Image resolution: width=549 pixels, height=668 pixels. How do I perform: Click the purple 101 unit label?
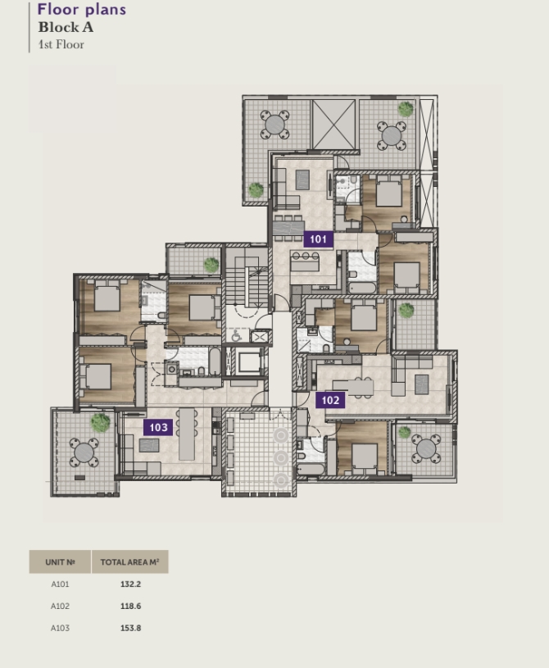point(318,239)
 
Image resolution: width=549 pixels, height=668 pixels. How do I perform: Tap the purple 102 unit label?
point(330,400)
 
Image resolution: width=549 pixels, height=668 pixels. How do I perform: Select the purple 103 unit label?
point(158,427)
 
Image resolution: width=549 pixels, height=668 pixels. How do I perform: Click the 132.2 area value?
point(130,584)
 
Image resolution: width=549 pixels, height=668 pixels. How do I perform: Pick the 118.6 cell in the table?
point(130,606)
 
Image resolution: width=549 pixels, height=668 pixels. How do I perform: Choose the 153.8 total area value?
point(130,628)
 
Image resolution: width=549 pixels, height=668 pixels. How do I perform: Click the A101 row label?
point(60,584)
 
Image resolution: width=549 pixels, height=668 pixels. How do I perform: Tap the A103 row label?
point(60,628)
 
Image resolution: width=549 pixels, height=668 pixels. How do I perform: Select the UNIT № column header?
point(60,562)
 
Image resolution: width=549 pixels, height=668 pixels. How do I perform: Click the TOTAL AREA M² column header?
point(130,562)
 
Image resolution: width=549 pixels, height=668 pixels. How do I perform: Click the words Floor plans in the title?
point(82,9)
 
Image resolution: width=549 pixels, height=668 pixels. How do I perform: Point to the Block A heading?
point(66,27)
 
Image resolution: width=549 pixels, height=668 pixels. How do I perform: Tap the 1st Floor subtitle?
point(61,44)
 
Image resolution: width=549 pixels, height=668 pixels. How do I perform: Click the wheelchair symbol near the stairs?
point(236,336)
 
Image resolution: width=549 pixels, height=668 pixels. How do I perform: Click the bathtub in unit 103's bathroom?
point(215,361)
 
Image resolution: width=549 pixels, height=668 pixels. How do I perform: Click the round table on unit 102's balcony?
point(426,448)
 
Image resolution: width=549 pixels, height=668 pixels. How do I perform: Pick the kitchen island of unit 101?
point(305,262)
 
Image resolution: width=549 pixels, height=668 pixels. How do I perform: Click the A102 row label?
point(60,606)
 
